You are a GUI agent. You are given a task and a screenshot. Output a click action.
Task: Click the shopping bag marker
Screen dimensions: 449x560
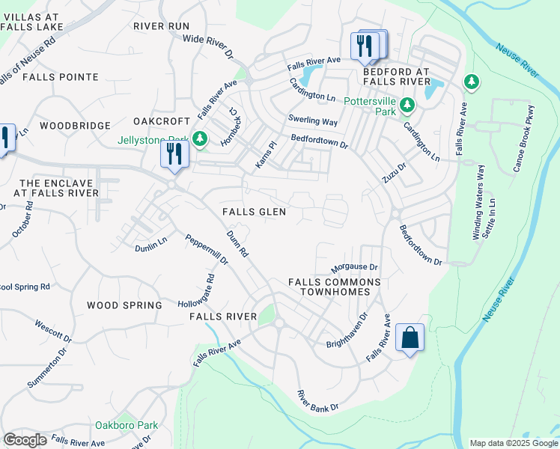coord(410,338)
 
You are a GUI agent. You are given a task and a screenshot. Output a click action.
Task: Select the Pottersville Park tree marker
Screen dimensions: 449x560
coord(407,106)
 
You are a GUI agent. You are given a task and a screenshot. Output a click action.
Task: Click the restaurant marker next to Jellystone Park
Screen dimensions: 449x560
coord(174,154)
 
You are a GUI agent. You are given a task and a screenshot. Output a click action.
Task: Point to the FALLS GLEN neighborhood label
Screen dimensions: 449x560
coord(254,212)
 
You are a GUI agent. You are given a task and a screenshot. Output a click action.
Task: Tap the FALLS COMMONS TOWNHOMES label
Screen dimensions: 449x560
coord(335,287)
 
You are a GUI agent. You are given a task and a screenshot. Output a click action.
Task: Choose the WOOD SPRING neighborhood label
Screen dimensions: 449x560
coord(124,305)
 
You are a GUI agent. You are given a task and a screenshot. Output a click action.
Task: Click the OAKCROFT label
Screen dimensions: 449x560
coord(162,121)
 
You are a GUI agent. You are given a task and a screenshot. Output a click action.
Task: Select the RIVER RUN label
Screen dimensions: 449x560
coord(162,25)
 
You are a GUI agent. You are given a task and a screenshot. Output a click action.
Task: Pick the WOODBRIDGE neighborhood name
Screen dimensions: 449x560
coord(75,126)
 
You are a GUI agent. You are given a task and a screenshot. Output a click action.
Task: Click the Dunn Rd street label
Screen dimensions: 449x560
coord(238,244)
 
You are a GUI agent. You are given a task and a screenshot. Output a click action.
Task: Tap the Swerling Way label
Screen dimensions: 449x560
coord(313,120)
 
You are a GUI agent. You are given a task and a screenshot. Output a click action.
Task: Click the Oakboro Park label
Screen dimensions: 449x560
coord(127,425)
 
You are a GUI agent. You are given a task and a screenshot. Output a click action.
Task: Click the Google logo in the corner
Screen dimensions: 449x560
coord(25,440)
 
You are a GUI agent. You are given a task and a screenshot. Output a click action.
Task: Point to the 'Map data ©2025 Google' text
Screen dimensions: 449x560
coord(513,443)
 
